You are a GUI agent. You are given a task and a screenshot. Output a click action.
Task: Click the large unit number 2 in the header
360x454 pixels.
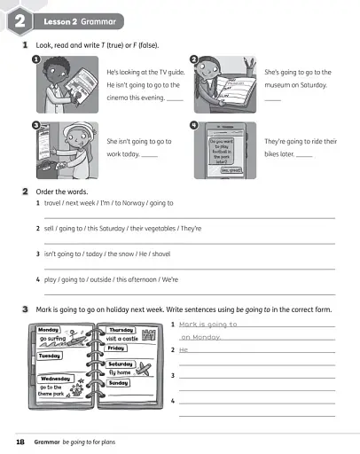19,19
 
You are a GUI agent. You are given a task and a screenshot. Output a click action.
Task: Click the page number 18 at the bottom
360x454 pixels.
20,441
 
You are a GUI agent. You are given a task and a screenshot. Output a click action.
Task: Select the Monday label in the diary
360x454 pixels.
50,330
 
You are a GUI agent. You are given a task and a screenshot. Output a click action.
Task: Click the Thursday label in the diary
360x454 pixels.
121,330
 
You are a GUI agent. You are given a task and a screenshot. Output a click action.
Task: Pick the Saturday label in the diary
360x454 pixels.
121,364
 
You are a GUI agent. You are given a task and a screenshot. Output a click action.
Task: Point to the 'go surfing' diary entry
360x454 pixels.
54,340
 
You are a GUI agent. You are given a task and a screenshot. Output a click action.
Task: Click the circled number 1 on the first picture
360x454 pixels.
36,59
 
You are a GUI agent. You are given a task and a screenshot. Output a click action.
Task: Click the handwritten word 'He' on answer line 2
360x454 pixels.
184,349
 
